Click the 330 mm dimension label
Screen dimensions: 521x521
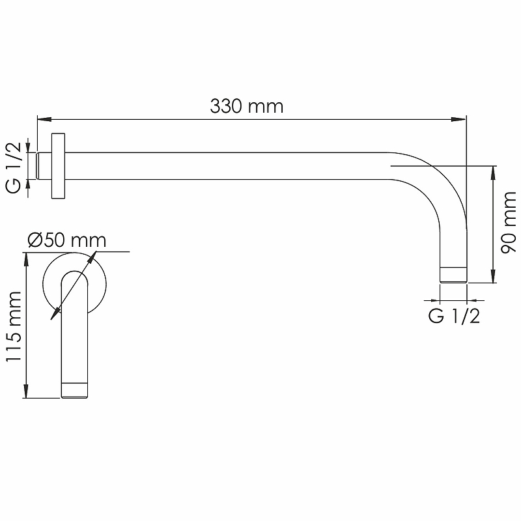point(247,106)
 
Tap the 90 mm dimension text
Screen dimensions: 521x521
point(509,223)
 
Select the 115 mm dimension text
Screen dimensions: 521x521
point(14,326)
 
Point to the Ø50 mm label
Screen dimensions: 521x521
point(67,240)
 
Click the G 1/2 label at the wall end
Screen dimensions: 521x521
point(14,167)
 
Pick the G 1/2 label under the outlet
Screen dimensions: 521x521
point(454,316)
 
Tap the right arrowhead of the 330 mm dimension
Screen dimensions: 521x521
point(459,119)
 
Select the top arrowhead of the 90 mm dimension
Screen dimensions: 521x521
point(493,173)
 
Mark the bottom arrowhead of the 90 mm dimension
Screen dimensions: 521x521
point(493,275)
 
